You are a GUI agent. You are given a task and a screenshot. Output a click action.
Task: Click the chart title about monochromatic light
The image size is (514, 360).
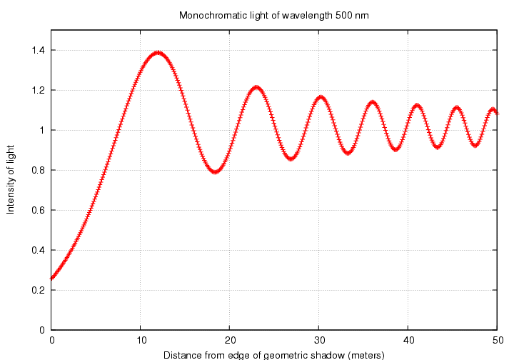tap(274, 15)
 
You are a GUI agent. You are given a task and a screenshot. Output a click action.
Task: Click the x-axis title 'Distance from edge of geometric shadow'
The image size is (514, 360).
tap(274, 354)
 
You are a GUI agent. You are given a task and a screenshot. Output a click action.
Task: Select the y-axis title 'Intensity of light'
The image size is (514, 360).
tap(11, 180)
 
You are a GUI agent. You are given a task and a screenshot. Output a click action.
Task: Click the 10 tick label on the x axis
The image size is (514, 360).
tap(141, 341)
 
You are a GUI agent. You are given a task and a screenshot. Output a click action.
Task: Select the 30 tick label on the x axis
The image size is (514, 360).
tap(319, 341)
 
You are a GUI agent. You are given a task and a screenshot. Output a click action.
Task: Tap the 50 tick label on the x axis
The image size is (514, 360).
tap(498, 341)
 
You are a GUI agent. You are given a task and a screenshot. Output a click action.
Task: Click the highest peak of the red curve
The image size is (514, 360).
tap(158, 53)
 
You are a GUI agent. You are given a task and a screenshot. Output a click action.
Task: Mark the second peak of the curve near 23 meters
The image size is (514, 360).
tap(257, 88)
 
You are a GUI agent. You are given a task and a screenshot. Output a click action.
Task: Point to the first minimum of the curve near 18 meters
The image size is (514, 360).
tap(215, 171)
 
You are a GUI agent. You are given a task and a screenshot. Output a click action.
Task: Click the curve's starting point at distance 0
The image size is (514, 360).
tap(52, 278)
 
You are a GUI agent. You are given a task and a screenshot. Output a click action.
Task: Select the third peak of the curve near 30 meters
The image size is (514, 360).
tap(321, 97)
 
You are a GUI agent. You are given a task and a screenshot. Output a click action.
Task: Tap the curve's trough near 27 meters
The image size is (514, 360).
tap(291, 158)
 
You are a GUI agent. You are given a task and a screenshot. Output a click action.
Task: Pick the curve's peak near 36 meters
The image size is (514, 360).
tap(372, 102)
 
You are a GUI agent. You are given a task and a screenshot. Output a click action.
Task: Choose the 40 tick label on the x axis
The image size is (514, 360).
tap(408, 341)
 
